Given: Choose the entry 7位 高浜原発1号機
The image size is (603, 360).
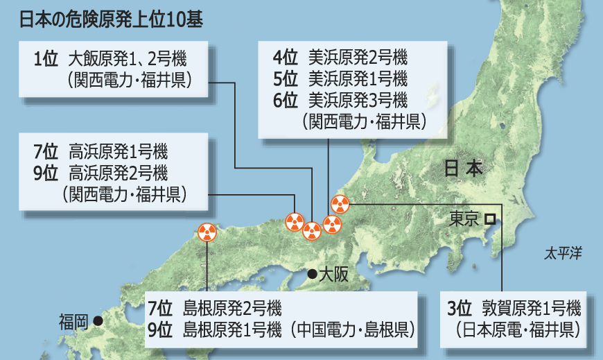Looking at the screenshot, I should click(x=100, y=151).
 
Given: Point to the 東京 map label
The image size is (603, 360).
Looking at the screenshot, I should click(x=464, y=219).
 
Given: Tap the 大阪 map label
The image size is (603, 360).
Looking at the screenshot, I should click(x=333, y=274).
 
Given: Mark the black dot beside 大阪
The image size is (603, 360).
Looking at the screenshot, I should click(x=312, y=273).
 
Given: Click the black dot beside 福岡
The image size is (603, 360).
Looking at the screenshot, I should click(x=98, y=320).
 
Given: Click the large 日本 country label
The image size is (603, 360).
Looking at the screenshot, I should click(x=462, y=169).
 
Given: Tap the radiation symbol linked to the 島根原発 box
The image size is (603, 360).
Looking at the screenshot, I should click(x=207, y=232).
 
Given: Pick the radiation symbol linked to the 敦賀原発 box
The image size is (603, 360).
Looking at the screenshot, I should click(x=340, y=204).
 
